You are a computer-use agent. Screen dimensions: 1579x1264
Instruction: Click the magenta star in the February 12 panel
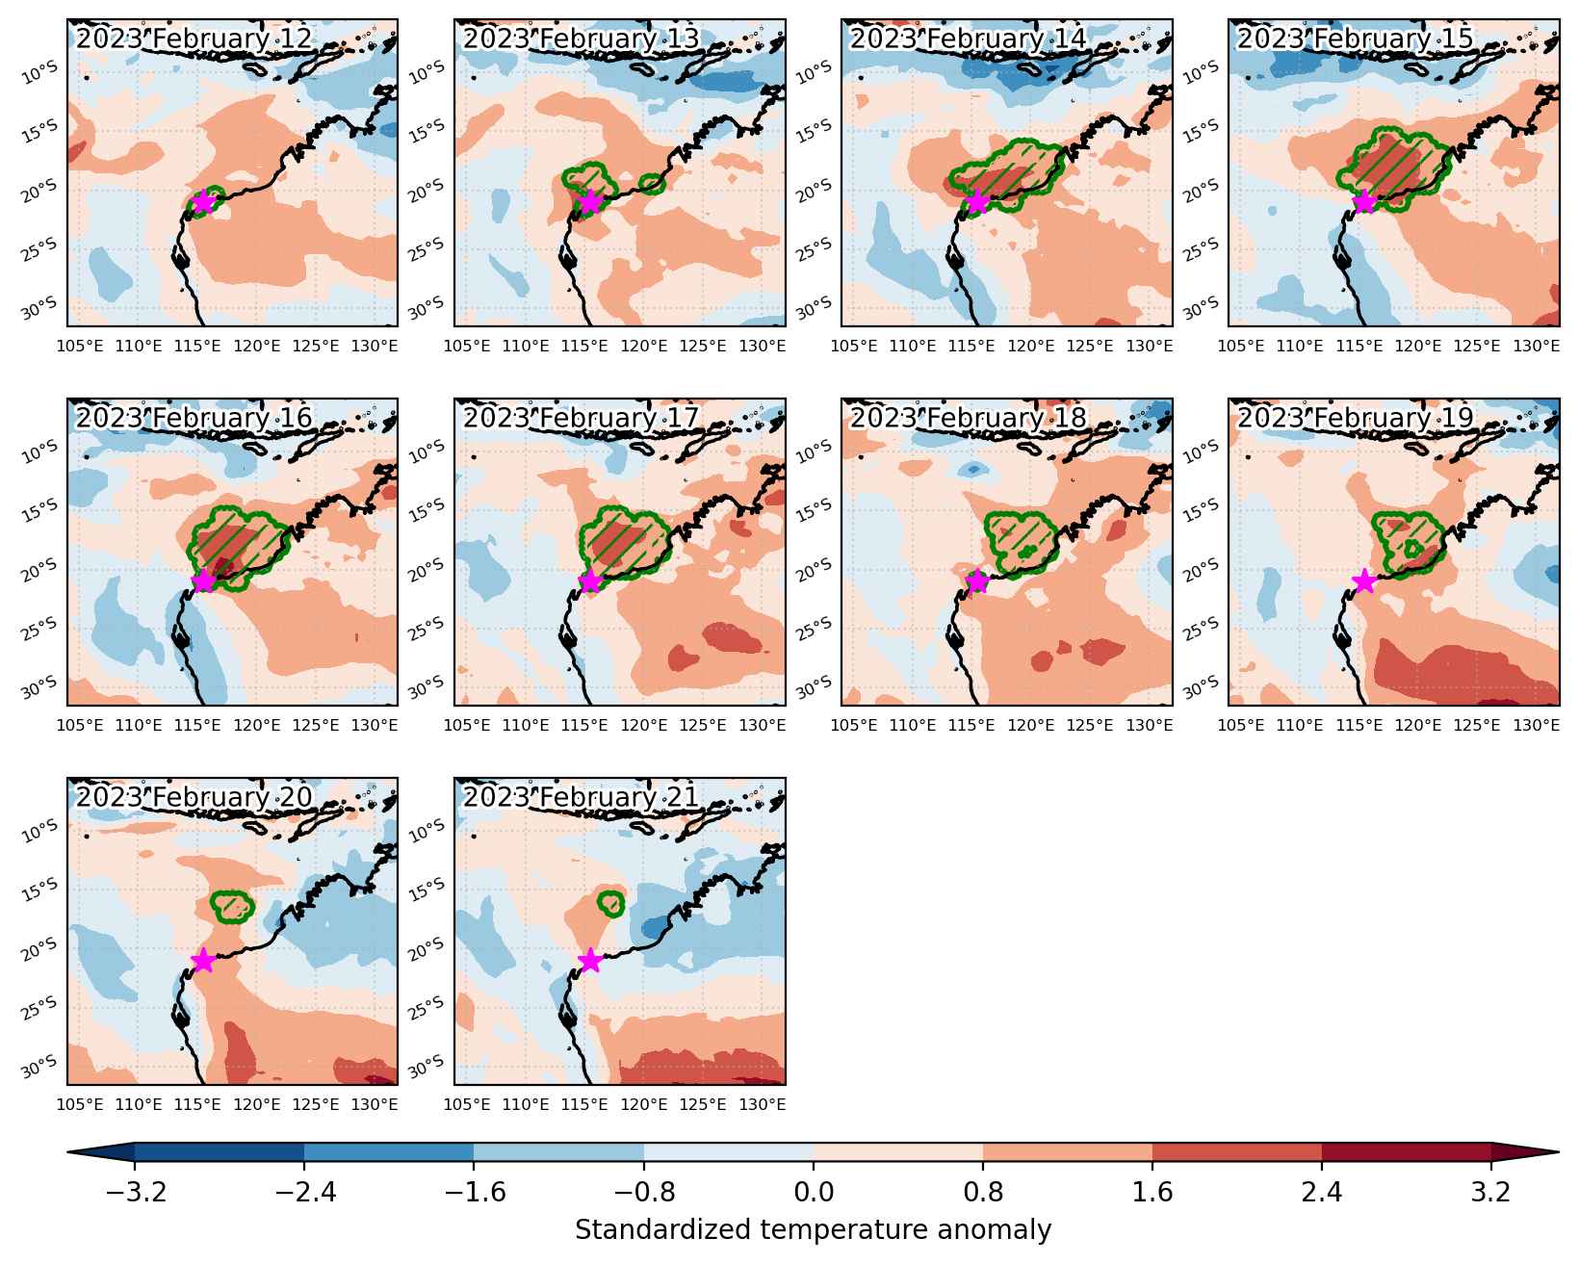pos(203,201)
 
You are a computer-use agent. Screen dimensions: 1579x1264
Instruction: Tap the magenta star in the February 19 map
pos(1364,580)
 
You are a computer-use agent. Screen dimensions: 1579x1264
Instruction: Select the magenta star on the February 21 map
pos(590,960)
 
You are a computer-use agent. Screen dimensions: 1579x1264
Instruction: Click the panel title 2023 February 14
pos(968,39)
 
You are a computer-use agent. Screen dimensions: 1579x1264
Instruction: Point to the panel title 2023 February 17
pos(582,418)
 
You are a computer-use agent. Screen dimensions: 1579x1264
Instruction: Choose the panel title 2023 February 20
pos(194,797)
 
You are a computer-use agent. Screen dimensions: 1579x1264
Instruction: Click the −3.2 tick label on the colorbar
pos(137,1192)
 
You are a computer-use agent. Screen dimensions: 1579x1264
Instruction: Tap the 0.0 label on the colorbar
pos(813,1192)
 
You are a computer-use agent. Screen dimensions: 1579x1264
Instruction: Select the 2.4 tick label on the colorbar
pos(1321,1192)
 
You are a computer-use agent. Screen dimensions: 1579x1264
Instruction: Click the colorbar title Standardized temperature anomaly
pos(813,1229)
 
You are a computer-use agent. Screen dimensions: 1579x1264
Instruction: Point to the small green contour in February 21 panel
pos(610,903)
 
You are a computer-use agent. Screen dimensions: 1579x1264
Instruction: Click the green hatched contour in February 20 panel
pos(232,906)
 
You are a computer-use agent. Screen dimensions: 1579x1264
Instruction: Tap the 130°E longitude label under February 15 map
pos(1536,346)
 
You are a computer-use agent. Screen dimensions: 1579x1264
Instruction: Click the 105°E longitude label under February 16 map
pos(80,725)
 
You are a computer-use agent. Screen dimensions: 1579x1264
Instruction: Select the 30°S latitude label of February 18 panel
pos(814,686)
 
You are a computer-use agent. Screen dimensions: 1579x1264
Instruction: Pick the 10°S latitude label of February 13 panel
pos(427,72)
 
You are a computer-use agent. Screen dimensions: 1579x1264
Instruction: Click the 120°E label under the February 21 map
pos(643,1104)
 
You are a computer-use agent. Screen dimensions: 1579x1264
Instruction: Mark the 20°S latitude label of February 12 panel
pos(39,190)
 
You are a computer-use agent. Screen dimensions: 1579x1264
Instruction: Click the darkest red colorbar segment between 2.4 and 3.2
pos(1406,1152)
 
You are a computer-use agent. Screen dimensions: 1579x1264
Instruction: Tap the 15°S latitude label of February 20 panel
pos(39,890)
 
